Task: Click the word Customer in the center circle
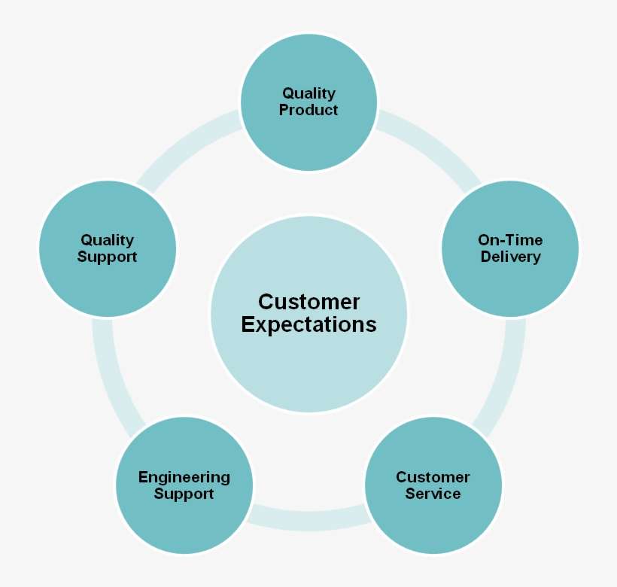tap(308, 303)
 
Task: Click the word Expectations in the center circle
tap(308, 325)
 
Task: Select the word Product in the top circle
tap(308, 111)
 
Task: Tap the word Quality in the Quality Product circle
tap(308, 94)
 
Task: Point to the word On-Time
tap(510, 240)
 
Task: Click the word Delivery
tap(510, 257)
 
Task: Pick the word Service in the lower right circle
tap(433, 494)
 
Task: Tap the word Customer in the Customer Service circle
tap(433, 477)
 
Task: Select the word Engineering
tap(184, 478)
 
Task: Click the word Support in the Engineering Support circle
tap(184, 494)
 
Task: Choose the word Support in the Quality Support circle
tap(107, 257)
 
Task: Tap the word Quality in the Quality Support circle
tap(107, 240)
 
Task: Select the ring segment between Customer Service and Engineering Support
tap(308, 518)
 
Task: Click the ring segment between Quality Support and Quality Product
tap(184, 146)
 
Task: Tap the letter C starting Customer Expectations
tap(266, 303)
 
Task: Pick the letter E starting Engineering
tap(143, 477)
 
